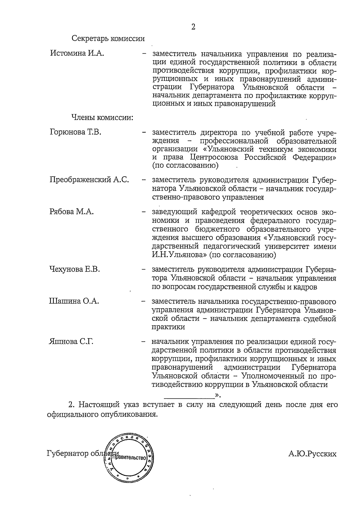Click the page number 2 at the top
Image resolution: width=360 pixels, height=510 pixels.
193,27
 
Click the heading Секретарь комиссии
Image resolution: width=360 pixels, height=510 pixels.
108,39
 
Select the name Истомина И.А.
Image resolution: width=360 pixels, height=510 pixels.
77,54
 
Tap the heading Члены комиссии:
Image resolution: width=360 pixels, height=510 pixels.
102,118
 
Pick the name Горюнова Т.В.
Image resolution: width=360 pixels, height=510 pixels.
75,132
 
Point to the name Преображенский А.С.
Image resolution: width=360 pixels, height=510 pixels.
89,180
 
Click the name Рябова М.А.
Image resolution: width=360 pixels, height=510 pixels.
71,212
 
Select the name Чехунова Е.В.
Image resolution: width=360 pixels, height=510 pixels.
74,269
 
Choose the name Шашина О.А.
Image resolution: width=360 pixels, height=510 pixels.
74,301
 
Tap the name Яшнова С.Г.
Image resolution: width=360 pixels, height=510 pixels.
71,341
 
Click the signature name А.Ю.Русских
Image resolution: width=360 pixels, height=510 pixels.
312,454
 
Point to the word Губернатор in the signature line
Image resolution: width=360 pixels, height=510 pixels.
68,454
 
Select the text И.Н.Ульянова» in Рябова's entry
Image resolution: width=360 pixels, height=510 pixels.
179,255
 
